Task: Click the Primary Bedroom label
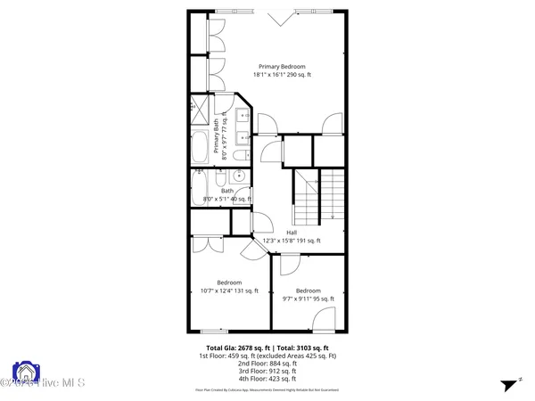[x=282, y=67]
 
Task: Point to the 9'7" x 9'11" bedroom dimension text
[x=308, y=299]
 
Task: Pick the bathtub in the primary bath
[x=199, y=147]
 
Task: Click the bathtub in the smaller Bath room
[x=199, y=189]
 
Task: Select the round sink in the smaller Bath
[x=240, y=176]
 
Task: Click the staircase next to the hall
[x=319, y=198]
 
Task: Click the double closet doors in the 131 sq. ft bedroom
[x=207, y=239]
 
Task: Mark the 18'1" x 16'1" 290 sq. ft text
[x=282, y=77]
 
